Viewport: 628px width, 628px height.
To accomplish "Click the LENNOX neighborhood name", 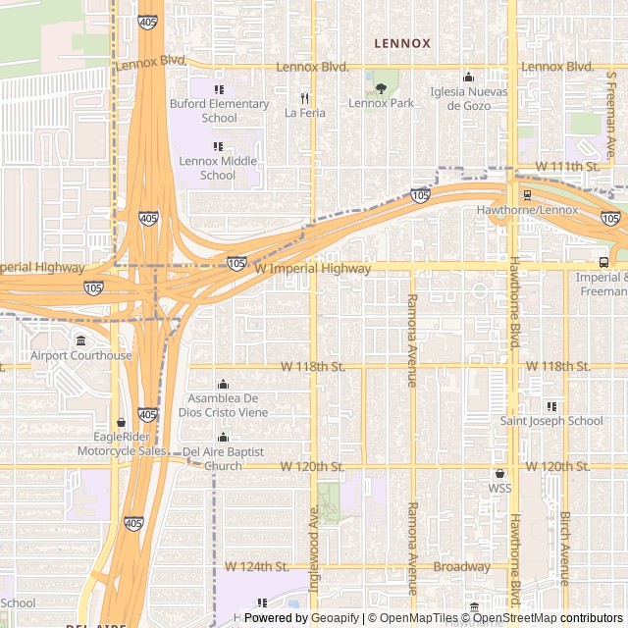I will (401, 43).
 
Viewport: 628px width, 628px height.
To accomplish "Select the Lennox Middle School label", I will (219, 168).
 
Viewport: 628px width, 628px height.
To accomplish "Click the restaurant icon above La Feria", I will (304, 98).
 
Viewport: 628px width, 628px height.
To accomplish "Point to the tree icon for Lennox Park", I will (381, 88).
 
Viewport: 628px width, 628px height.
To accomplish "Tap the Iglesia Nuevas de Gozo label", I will (468, 98).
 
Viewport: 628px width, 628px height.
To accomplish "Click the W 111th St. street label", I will (567, 167).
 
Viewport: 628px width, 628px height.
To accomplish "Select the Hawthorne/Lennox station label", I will (527, 210).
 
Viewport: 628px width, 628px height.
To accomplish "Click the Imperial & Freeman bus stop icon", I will (602, 262).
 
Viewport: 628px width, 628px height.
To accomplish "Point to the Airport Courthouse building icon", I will (80, 340).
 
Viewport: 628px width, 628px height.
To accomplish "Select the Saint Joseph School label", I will (551, 421).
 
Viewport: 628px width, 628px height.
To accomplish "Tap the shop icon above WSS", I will (499, 474).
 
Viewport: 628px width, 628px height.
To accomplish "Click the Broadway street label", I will (461, 567).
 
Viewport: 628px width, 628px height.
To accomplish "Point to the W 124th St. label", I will (256, 567).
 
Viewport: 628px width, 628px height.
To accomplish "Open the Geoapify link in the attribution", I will (335, 618).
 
